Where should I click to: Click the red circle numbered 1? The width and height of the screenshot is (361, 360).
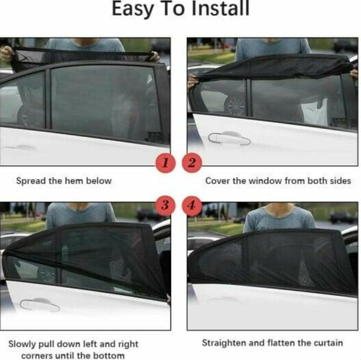pyautogui.click(x=165, y=163)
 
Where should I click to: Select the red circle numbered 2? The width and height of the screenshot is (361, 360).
pyautogui.click(x=191, y=163)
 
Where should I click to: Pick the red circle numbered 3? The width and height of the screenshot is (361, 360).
pyautogui.click(x=165, y=206)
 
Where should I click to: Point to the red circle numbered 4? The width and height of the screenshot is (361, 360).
pyautogui.click(x=191, y=206)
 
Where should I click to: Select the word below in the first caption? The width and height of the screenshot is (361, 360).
pyautogui.click(x=99, y=180)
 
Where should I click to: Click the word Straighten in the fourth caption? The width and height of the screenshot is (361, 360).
pyautogui.click(x=225, y=343)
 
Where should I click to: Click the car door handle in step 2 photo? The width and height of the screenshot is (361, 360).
pyautogui.click(x=230, y=137)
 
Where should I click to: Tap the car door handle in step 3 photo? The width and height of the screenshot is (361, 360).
pyautogui.click(x=40, y=305)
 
